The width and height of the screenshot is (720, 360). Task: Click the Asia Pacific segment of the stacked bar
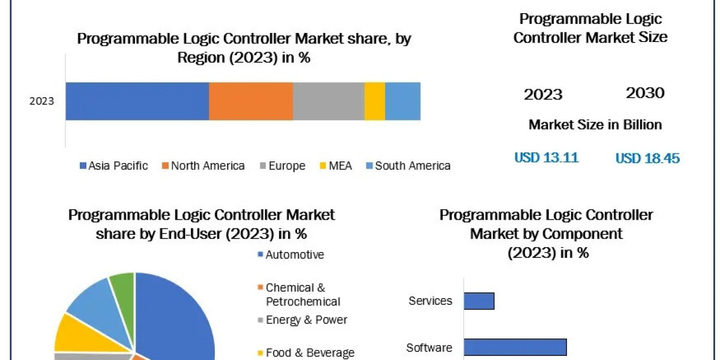(x=137, y=101)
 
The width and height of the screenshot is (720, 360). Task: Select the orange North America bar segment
(x=251, y=101)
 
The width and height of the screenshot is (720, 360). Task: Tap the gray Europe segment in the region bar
(x=328, y=101)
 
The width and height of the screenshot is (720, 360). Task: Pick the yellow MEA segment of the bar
(x=374, y=101)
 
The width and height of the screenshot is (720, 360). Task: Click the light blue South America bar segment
(x=403, y=101)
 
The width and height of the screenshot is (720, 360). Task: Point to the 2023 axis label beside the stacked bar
(x=42, y=101)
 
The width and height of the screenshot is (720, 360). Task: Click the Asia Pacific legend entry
(x=113, y=166)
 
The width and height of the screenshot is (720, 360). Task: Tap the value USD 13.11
(x=546, y=158)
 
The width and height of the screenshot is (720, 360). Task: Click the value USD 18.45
(x=647, y=158)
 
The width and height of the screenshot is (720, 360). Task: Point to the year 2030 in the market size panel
(x=645, y=93)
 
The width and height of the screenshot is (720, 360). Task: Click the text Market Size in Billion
(x=595, y=125)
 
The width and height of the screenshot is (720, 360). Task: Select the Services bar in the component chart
(x=479, y=301)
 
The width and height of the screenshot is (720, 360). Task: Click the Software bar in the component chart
(x=515, y=347)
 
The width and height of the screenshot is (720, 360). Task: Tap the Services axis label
(x=430, y=301)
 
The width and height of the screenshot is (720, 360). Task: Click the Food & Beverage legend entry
(x=305, y=353)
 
